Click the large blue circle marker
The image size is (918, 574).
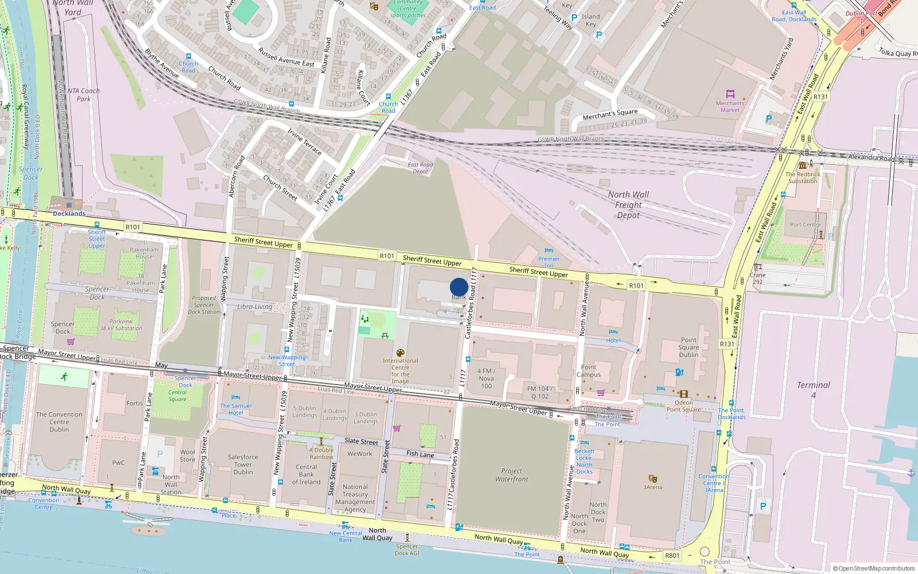pyautogui.click(x=458, y=287)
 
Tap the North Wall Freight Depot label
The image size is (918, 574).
pyautogui.click(x=628, y=205)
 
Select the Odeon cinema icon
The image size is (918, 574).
pyautogui.click(x=683, y=394)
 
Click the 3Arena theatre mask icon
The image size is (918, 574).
pyautogui.click(x=652, y=479)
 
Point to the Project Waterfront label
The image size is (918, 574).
pyautogui.click(x=512, y=475)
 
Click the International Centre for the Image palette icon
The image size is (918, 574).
pyautogui.click(x=400, y=353)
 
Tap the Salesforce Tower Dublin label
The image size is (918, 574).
pyautogui.click(x=243, y=464)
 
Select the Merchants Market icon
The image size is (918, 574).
pyautogui.click(x=730, y=94)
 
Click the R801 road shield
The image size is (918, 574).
pyautogui.click(x=672, y=556)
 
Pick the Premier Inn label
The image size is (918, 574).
pyautogui.click(x=549, y=262)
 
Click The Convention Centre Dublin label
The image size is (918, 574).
pyautogui.click(x=59, y=422)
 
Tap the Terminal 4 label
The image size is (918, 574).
pyautogui.click(x=813, y=390)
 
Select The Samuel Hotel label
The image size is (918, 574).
pyautogui.click(x=236, y=409)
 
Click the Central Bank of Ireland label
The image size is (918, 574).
pyautogui.click(x=306, y=474)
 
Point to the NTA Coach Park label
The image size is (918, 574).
pyautogui.click(x=83, y=95)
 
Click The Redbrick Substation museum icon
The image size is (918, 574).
pyautogui.click(x=802, y=165)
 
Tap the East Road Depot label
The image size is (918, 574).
pyautogui.click(x=421, y=168)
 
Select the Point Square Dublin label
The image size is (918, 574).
pyautogui.click(x=688, y=347)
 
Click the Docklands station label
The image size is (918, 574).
pyautogui.click(x=69, y=214)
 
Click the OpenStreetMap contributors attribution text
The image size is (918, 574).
pyautogui.click(x=873, y=568)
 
